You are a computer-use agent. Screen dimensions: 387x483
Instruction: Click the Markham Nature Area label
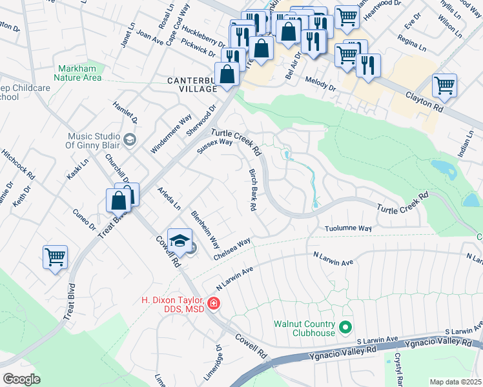(79, 73)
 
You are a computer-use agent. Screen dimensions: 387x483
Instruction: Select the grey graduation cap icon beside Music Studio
(130, 139)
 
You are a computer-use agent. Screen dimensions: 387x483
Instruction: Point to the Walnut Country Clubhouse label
(304, 328)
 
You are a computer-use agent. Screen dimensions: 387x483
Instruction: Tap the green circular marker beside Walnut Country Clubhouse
(345, 328)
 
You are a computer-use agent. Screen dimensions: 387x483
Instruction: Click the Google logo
(21, 379)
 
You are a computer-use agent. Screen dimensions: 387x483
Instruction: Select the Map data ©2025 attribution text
(455, 382)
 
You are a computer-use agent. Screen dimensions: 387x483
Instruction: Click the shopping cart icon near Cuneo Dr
(55, 257)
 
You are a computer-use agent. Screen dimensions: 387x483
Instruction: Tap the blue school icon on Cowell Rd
(180, 240)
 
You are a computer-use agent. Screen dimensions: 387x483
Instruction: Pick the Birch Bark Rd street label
(253, 190)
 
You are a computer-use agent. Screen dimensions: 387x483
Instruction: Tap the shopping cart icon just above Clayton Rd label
(444, 84)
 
